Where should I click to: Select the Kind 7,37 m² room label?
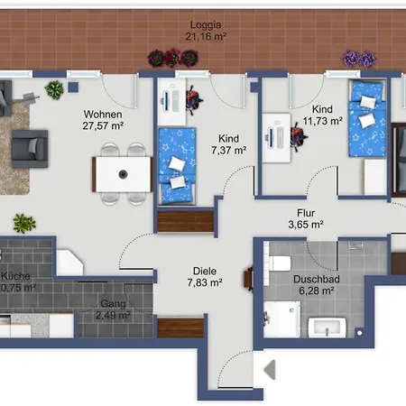pos(229,144)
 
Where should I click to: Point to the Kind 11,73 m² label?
pos(322,114)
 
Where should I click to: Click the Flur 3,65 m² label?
pos(305,219)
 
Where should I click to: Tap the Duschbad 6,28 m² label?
pos(317,286)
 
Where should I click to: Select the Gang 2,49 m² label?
pos(114,309)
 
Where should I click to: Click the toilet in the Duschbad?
pos(279,264)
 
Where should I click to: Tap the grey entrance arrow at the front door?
pos(269,369)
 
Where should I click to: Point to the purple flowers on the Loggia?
pos(358,59)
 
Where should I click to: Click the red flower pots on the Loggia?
pos(171,58)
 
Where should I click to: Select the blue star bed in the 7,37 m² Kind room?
pos(177,165)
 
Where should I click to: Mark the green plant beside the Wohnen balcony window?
pos(55,89)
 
